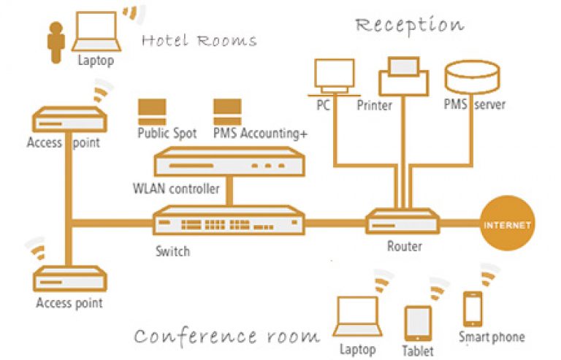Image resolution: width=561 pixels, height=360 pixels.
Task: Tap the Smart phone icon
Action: [x=472, y=308]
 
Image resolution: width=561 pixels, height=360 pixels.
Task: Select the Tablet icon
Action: [x=418, y=321]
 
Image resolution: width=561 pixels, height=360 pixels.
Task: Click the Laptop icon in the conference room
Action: [x=356, y=315]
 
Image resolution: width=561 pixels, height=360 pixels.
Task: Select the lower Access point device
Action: [x=69, y=280]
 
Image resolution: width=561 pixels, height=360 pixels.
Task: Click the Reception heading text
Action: [x=409, y=26]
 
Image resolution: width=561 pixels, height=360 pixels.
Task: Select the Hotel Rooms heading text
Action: [x=199, y=40]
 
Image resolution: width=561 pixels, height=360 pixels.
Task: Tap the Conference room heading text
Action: [x=226, y=336]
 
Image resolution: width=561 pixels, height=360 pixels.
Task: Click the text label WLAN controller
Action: [x=176, y=189]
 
